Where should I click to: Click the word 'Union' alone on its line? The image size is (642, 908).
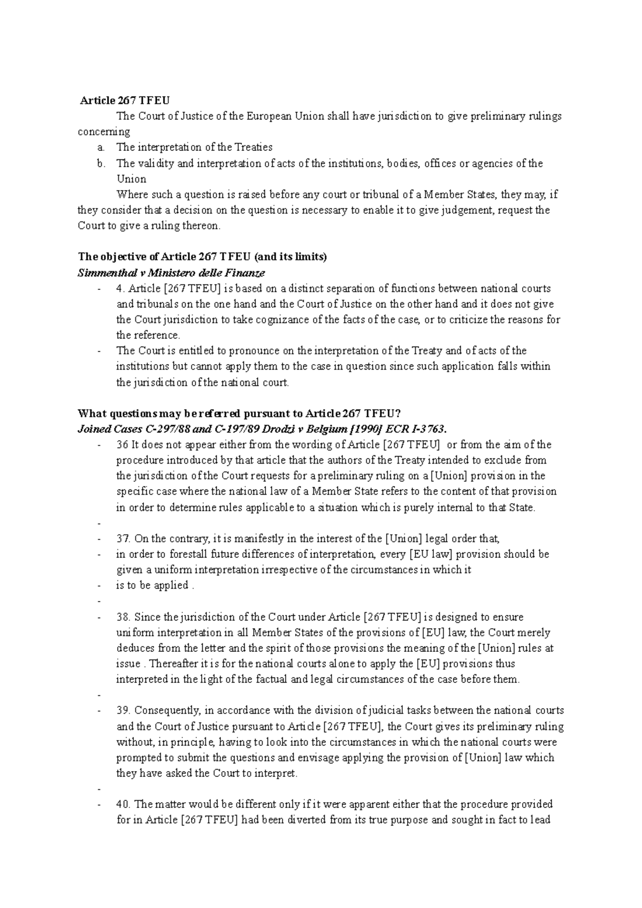(131, 179)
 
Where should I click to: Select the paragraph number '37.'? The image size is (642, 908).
(124, 538)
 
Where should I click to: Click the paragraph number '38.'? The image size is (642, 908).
(124, 617)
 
